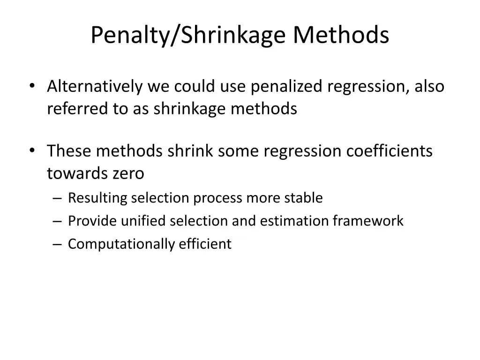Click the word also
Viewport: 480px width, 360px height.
(x=429, y=86)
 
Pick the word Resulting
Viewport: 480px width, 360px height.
(x=97, y=198)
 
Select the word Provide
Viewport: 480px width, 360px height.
(x=92, y=221)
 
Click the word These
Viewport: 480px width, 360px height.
(x=69, y=151)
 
